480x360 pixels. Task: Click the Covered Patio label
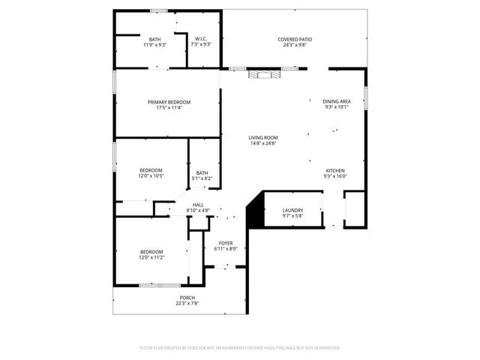[295, 38]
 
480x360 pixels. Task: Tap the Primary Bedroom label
[169, 102]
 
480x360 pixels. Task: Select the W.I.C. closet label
[201, 39]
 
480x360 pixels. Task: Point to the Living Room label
[263, 137]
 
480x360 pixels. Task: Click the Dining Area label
[337, 101]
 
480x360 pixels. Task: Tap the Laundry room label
[292, 210]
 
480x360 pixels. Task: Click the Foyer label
[226, 243]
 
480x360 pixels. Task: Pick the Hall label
[198, 205]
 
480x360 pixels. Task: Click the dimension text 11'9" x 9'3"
[154, 45]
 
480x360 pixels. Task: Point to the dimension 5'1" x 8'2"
[202, 178]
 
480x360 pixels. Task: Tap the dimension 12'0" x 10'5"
[151, 176]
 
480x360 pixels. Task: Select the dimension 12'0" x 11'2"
[151, 257]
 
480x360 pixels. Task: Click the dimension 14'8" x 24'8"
[263, 143]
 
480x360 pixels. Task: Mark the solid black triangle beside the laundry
[254, 209]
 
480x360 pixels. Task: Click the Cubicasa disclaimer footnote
[240, 348]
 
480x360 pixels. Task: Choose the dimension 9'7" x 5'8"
[292, 216]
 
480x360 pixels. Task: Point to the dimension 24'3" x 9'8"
[295, 44]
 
